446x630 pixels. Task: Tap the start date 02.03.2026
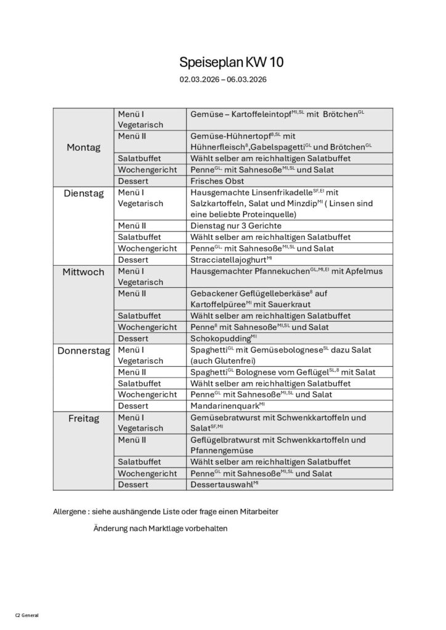pyautogui.click(x=199, y=79)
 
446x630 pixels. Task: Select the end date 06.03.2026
pyautogui.click(x=246, y=79)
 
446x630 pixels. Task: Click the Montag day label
pyautogui.click(x=83, y=148)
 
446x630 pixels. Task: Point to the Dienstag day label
pyautogui.click(x=83, y=193)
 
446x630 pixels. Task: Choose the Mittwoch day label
pyautogui.click(x=83, y=271)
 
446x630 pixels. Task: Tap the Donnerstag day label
pyautogui.click(x=83, y=351)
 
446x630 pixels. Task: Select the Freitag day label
pyautogui.click(x=83, y=418)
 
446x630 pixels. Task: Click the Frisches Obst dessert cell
pyautogui.click(x=217, y=181)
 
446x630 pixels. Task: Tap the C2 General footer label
pyautogui.click(x=26, y=615)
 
